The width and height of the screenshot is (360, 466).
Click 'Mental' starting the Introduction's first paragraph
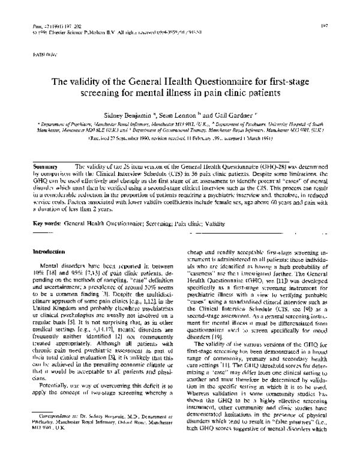[50, 264]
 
